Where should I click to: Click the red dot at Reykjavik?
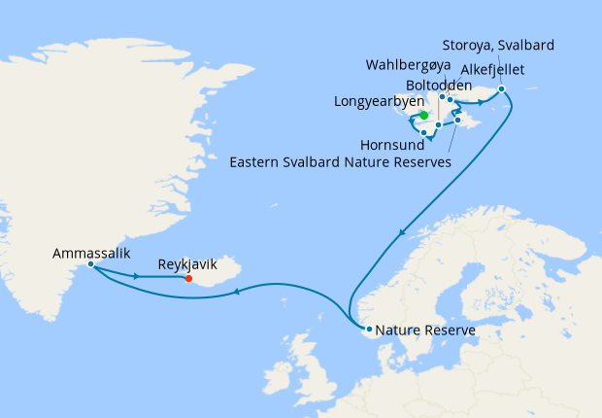[188, 278]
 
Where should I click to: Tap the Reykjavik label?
[187, 263]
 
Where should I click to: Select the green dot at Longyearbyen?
[423, 114]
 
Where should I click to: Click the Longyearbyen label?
[377, 101]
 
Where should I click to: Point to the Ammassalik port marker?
[90, 263]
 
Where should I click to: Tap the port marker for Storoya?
[501, 89]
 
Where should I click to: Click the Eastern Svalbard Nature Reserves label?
[341, 162]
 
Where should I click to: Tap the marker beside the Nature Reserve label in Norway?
[368, 329]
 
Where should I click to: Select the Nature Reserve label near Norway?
[425, 331]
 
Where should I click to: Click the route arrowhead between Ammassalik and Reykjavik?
[139, 277]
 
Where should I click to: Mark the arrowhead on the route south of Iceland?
[236, 289]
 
